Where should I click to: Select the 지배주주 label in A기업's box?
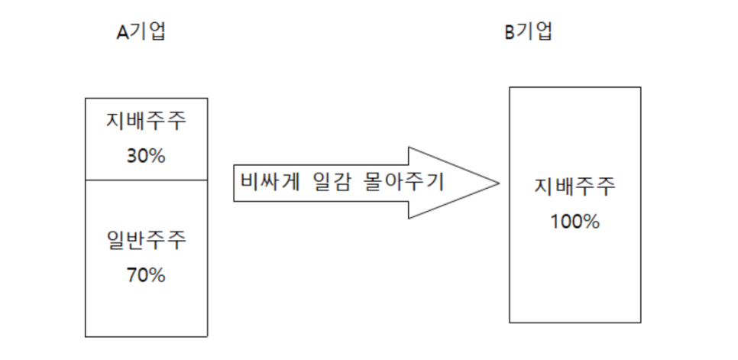click(x=146, y=122)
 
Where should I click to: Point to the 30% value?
click(x=145, y=156)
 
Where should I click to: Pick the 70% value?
click(x=145, y=275)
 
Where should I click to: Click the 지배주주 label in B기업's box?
click(x=575, y=186)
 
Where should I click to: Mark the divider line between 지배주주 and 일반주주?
click(x=146, y=180)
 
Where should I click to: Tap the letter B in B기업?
click(x=509, y=33)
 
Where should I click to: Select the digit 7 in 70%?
click(x=131, y=275)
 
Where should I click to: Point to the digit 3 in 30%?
click(x=131, y=156)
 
